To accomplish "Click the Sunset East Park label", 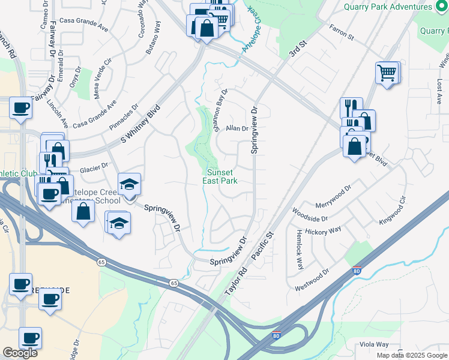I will click(x=222, y=176).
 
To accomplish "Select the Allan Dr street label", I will click(x=237, y=128).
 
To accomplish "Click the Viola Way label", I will click(x=374, y=344).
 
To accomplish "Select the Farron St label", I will click(x=341, y=32).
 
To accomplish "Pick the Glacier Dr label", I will click(x=95, y=165).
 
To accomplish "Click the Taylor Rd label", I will click(x=237, y=281).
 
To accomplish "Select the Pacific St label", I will click(x=262, y=246).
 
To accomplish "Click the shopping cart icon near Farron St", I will click(x=387, y=73).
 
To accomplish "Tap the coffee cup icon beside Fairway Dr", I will click(x=21, y=108).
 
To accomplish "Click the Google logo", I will click(x=20, y=353).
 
